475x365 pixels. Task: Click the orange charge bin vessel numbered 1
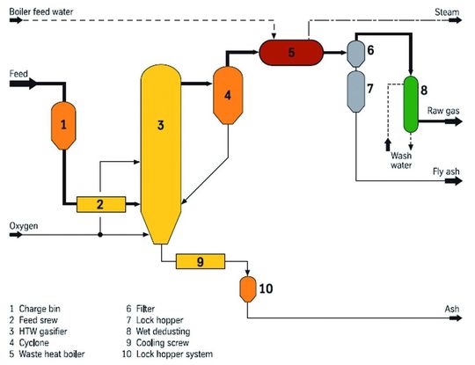pyautogui.click(x=63, y=126)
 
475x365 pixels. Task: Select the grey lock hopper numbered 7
pyautogui.click(x=356, y=92)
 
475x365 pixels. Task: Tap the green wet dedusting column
pyautogui.click(x=411, y=103)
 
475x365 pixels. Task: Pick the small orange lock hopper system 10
pyautogui.click(x=248, y=287)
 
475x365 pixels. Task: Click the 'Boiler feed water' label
pyautogui.click(x=40, y=10)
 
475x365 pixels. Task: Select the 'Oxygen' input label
pyautogui.click(x=25, y=226)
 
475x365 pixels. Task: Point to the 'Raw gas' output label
pyautogui.click(x=442, y=111)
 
